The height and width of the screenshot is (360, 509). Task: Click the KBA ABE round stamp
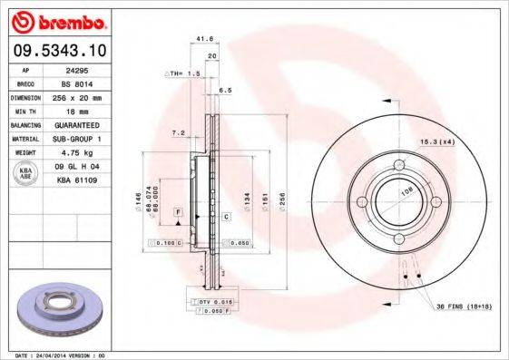point(26,173)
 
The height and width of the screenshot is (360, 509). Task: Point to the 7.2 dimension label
point(178,133)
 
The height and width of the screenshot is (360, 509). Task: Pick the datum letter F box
point(179,211)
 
